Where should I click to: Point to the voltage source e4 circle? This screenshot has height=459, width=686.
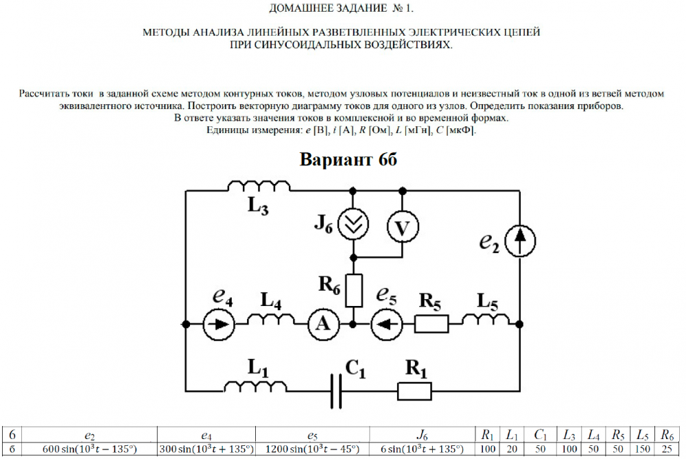(220, 323)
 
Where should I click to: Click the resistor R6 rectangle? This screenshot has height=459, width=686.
(354, 290)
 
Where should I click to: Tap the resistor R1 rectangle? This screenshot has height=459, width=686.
(415, 391)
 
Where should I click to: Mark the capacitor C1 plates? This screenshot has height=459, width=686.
(336, 391)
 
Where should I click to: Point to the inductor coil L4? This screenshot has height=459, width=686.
(269, 320)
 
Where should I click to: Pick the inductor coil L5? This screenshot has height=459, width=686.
(486, 320)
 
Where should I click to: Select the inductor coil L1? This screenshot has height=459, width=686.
(258, 388)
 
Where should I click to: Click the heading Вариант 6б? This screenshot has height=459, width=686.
(348, 158)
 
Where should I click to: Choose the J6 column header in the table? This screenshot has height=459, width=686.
(421, 435)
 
